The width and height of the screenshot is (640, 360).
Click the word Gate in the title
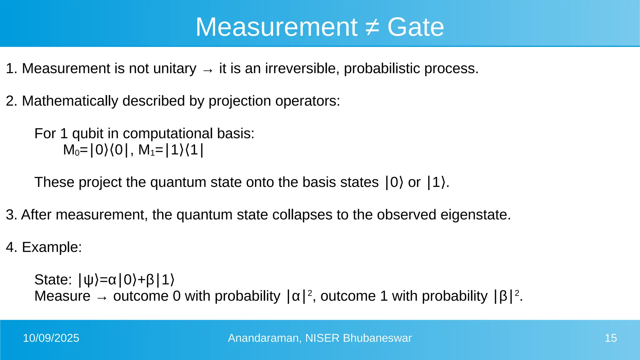click(x=415, y=27)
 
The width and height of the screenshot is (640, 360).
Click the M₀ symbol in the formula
click(x=71, y=150)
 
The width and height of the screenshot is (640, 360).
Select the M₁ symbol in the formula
click(x=146, y=150)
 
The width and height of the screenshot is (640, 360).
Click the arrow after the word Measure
click(x=102, y=298)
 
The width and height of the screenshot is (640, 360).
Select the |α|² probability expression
click(x=299, y=296)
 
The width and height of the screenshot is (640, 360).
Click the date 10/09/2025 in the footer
click(x=51, y=338)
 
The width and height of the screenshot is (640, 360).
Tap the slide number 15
click(x=611, y=338)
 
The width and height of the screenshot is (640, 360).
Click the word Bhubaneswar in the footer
click(x=377, y=338)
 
